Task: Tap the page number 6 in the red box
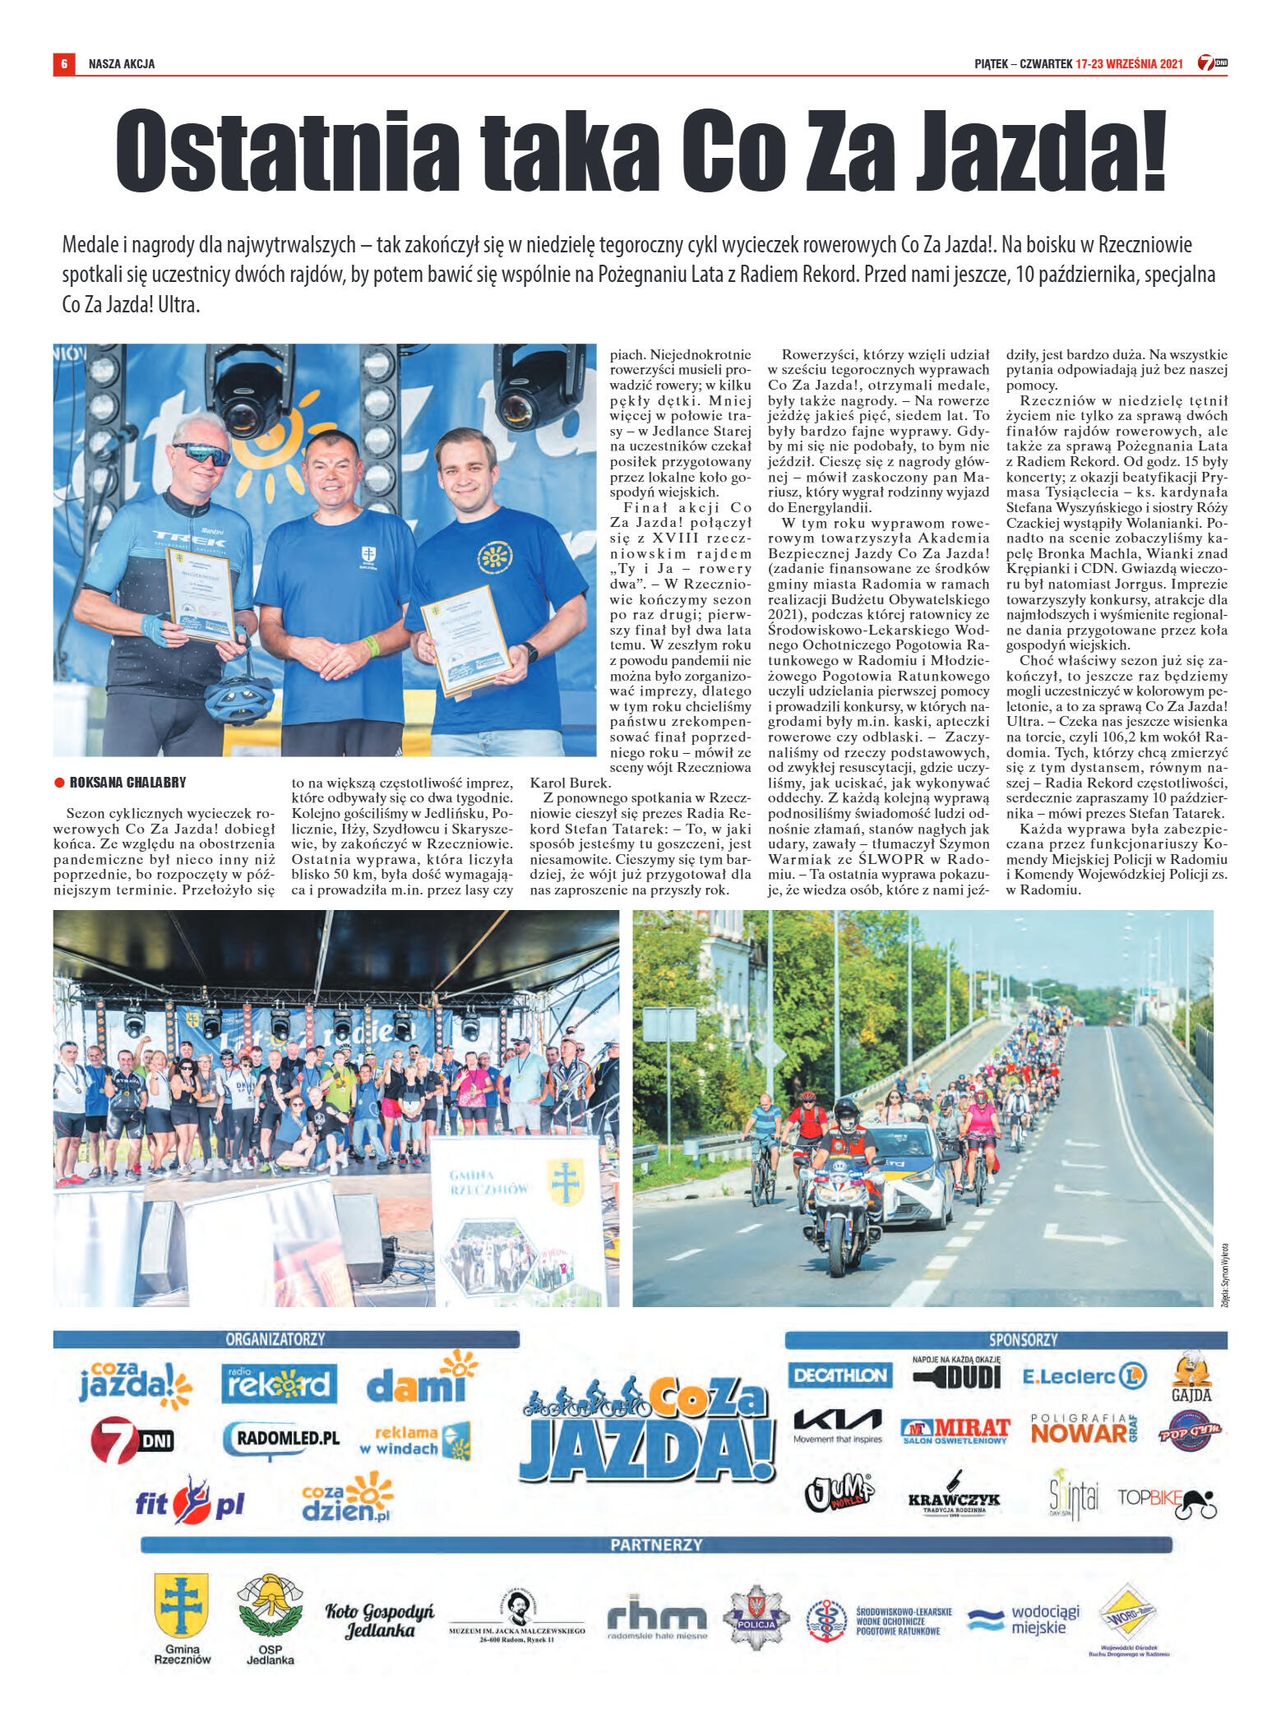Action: [64, 64]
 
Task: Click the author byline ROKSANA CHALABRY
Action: [127, 782]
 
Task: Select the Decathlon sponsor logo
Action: [839, 1375]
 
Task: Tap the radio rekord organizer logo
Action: [279, 1384]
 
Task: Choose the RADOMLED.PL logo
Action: [283, 1439]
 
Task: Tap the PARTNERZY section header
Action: [656, 1545]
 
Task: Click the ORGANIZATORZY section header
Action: [275, 1339]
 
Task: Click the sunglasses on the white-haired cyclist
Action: [201, 453]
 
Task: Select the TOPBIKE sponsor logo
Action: [1166, 1499]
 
